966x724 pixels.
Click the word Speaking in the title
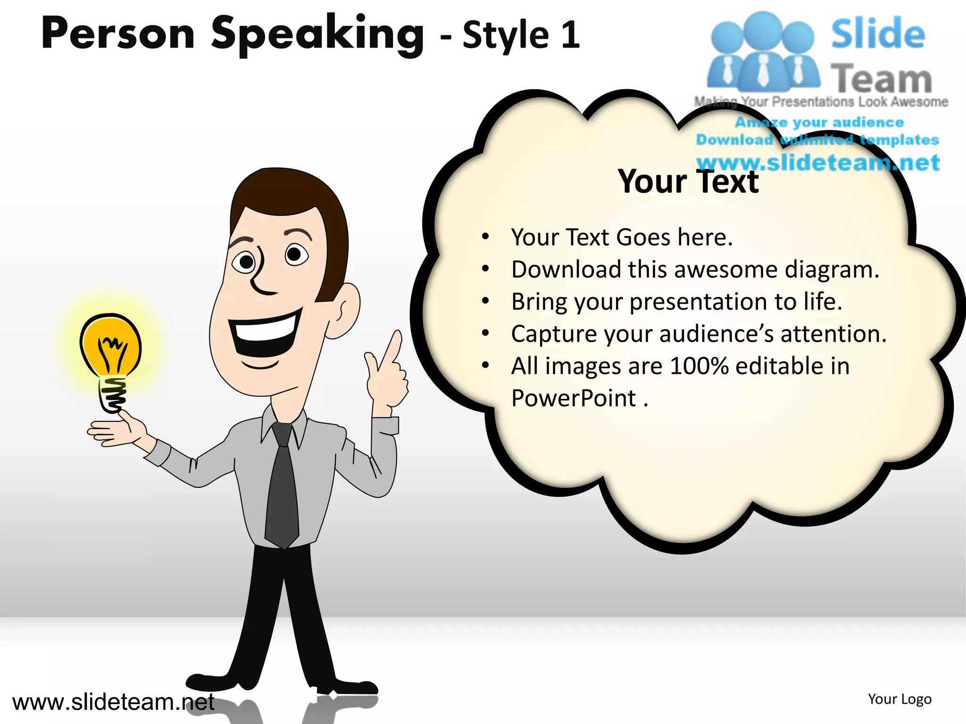point(317,34)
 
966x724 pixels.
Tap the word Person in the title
point(118,34)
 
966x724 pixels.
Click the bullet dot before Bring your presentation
point(485,301)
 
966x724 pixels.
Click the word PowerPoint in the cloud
point(574,398)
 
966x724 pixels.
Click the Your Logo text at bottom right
point(899,699)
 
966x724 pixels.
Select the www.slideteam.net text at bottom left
point(113,702)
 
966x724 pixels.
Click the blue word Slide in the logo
point(877,34)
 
